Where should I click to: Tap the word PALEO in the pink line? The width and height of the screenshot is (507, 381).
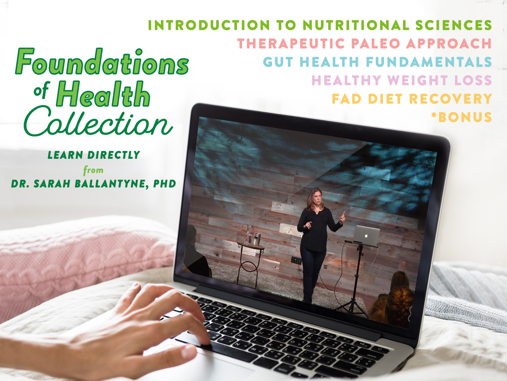[375, 44]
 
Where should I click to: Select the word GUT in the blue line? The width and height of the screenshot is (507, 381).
[278, 62]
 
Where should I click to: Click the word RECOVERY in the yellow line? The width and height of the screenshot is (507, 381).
[450, 99]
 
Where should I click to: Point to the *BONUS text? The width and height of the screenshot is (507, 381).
[461, 117]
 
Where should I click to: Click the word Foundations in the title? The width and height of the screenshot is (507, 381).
[102, 61]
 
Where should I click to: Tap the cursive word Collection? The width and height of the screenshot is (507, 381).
[98, 121]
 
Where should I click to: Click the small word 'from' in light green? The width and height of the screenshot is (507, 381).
[93, 170]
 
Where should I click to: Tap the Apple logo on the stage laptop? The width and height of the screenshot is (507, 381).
[366, 236]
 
